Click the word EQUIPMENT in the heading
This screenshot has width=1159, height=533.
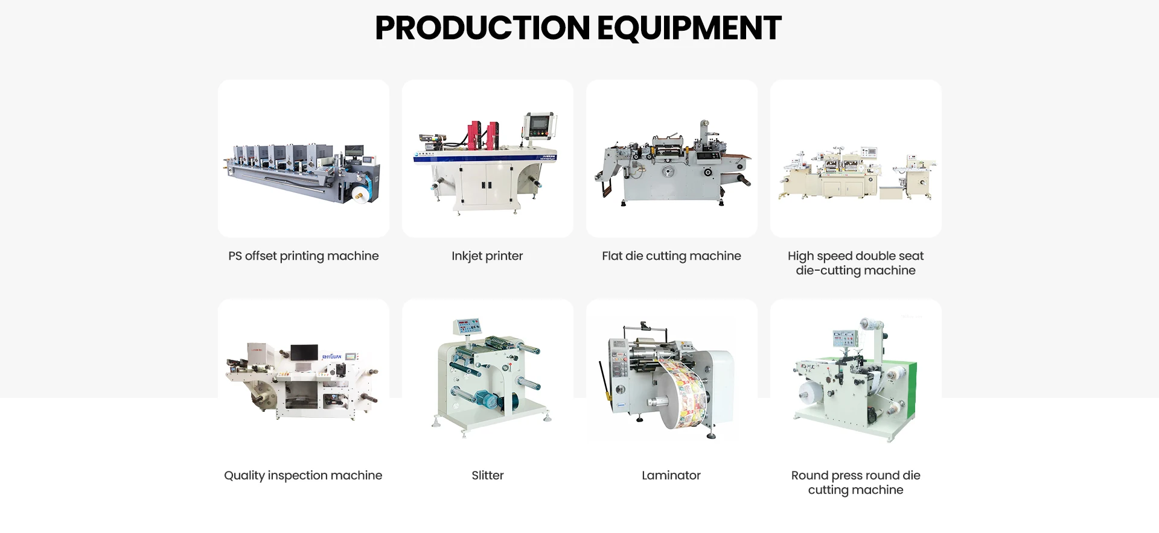[x=689, y=28]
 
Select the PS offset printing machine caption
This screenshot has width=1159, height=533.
[x=303, y=256]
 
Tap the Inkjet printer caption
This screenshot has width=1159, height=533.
[x=487, y=256]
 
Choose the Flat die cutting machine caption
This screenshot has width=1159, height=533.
[x=671, y=256]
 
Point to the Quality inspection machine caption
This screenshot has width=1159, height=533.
[x=303, y=475]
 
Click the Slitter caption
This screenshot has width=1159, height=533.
[x=487, y=475]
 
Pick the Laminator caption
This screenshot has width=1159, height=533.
[x=671, y=475]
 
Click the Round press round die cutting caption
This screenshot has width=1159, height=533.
[x=855, y=482]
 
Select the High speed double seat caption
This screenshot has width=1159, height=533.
[x=855, y=263]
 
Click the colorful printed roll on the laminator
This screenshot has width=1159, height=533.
[x=685, y=392]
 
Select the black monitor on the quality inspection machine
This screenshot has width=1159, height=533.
[x=304, y=352]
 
